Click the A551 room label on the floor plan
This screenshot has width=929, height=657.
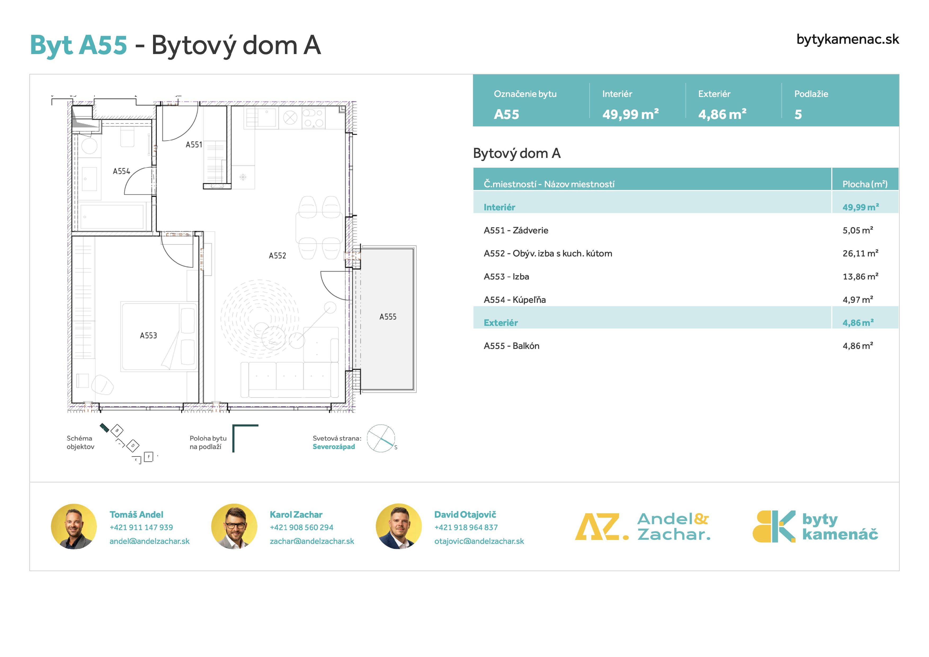pos(194,145)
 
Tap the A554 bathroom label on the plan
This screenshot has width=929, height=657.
pos(121,171)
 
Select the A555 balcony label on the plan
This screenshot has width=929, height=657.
pos(388,317)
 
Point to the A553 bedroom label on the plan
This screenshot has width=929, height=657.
pos(148,335)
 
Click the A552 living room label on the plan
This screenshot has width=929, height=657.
pos(277,255)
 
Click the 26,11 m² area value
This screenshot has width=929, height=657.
pos(860,254)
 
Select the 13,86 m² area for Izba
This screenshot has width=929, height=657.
pos(860,277)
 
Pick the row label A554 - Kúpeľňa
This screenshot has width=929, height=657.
pos(515,300)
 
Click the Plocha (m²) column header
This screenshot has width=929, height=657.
pos(865,184)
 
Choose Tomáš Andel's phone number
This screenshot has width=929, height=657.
pos(141,527)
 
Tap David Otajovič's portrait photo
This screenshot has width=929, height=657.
pos(399,526)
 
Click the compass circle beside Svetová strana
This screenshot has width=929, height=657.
pos(381,438)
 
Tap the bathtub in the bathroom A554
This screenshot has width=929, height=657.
pos(113,217)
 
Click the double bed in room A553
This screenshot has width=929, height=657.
pos(159,336)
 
